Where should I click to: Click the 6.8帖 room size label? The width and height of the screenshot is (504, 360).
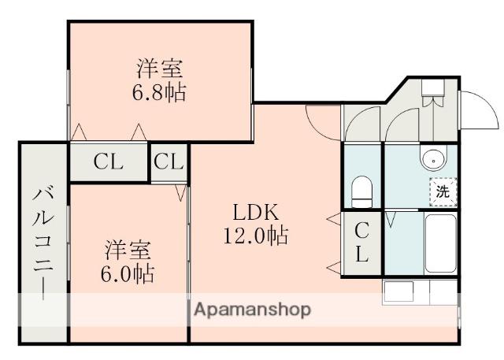click(158, 93)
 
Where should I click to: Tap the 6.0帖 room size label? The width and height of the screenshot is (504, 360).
click(128, 274)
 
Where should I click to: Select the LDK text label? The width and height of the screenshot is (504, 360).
click(255, 212)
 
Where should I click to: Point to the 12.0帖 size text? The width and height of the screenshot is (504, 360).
click(255, 236)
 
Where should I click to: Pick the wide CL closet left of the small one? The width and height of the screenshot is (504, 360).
click(109, 162)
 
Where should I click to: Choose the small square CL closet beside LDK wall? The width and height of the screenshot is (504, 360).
click(169, 162)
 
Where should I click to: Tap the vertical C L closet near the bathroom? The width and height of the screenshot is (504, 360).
click(361, 243)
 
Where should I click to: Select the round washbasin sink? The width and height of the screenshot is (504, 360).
click(434, 158)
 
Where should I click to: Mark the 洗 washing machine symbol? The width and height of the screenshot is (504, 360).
click(443, 192)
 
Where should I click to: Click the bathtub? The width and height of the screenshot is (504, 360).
click(440, 243)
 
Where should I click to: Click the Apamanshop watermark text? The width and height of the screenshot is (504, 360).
click(253, 310)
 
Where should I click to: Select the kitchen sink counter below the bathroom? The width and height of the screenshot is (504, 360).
click(420, 291)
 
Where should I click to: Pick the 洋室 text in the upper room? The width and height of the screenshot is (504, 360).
click(160, 69)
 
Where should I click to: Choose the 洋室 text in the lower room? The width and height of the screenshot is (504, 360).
click(128, 250)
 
